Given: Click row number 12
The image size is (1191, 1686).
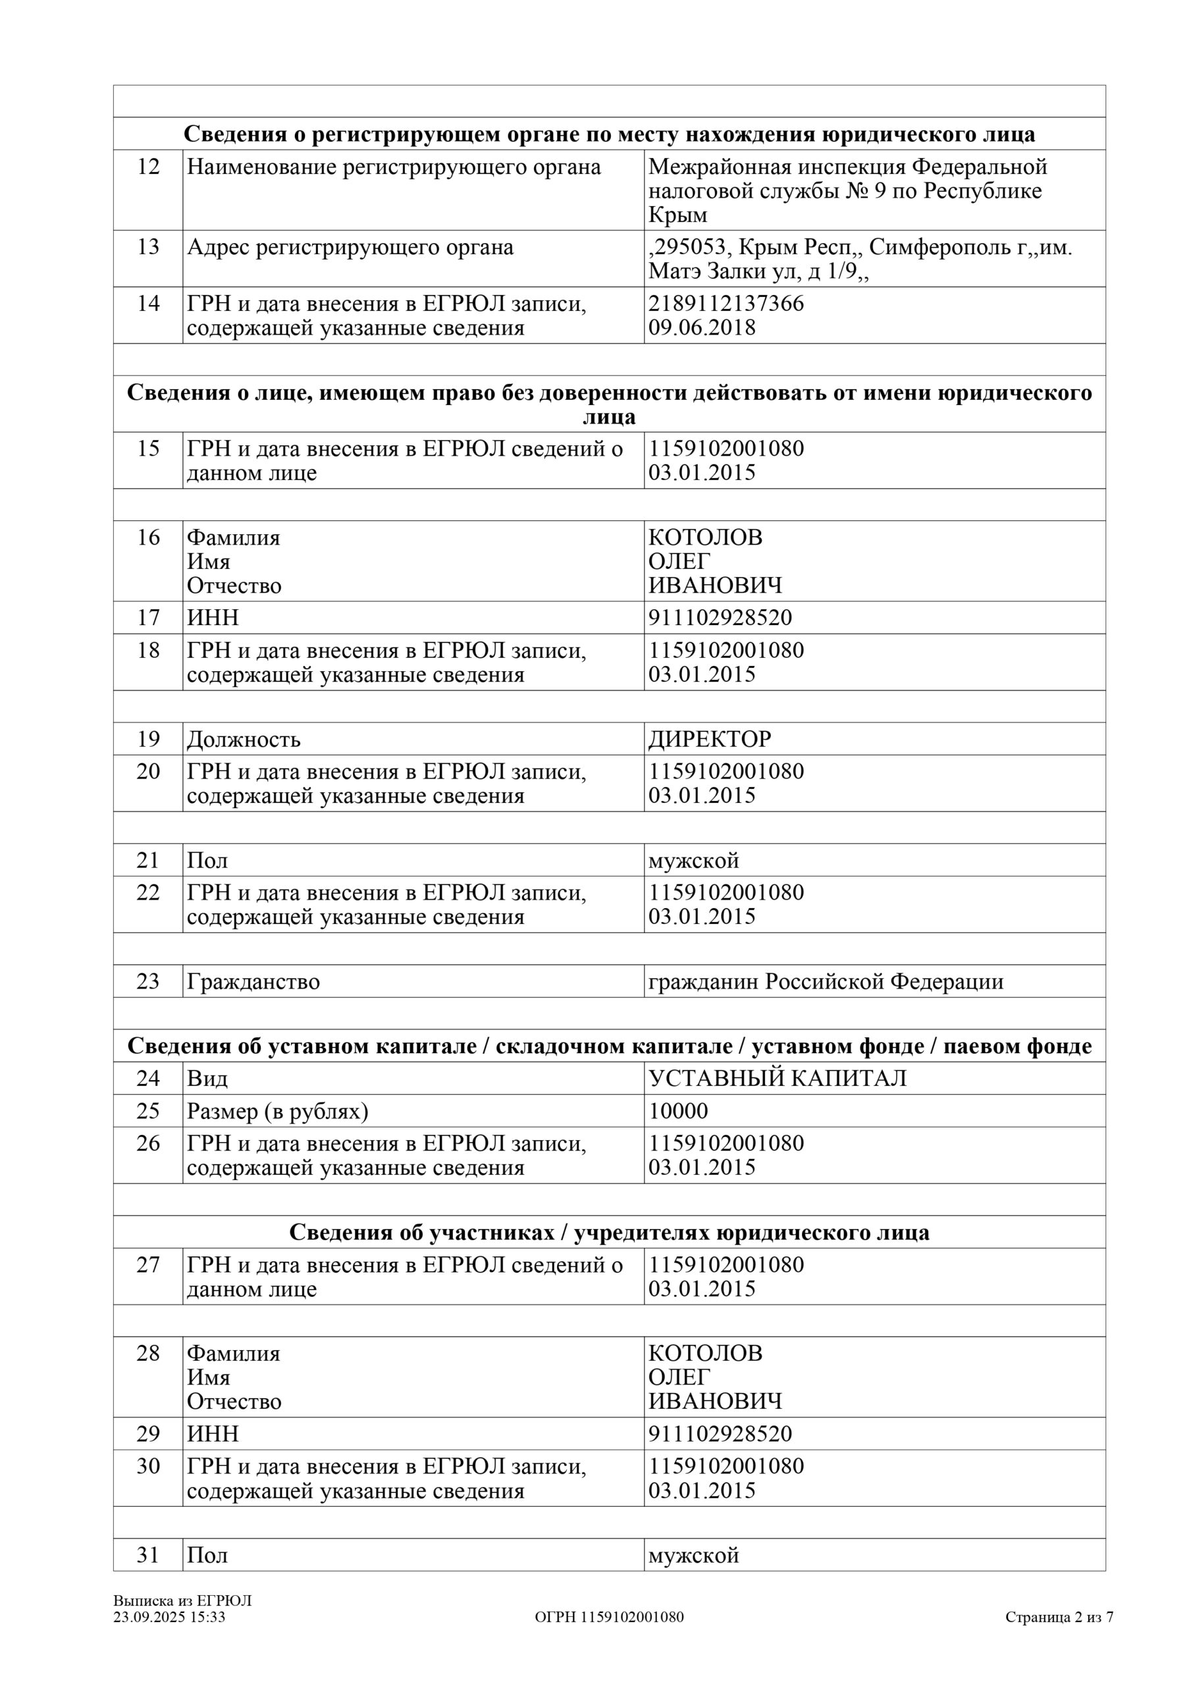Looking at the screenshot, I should click(147, 167).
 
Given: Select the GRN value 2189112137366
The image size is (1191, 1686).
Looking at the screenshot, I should click(726, 303).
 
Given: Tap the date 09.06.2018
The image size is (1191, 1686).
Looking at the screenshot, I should click(701, 327).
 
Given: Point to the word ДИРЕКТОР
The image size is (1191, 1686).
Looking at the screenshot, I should click(709, 739).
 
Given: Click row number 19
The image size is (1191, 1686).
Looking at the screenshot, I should click(147, 739).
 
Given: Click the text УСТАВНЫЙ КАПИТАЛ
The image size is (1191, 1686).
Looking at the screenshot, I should click(777, 1078).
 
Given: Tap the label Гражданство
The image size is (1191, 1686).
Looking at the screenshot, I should click(253, 982).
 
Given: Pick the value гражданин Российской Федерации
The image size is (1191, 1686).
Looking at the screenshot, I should click(826, 982).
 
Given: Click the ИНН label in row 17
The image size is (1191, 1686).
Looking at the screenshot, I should click(213, 618).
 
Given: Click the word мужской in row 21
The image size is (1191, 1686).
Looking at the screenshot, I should click(693, 860).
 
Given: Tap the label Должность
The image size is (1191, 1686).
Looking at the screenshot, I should click(244, 739).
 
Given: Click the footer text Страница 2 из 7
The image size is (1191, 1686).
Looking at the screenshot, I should click(1059, 1617).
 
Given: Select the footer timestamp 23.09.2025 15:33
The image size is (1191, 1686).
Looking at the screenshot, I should click(169, 1617).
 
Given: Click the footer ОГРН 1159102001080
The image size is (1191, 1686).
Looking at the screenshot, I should click(609, 1617).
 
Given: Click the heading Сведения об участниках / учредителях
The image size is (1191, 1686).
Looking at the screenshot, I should click(609, 1232).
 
